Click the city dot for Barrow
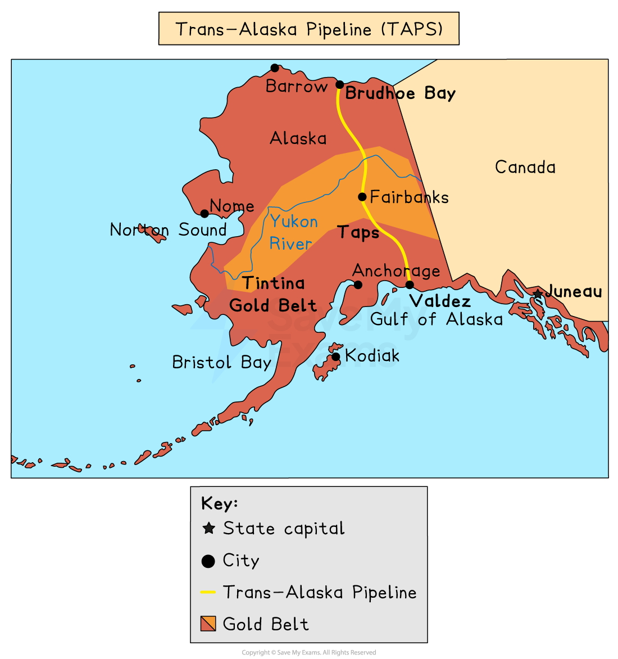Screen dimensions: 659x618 275,68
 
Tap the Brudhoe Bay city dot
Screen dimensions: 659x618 340,85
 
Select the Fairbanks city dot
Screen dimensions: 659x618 362,197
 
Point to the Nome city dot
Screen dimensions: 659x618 205,214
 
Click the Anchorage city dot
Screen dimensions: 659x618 358,285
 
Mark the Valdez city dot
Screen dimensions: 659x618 410,285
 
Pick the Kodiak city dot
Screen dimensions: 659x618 335,356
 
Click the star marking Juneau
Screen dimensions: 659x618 538,294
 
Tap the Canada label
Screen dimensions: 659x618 525,167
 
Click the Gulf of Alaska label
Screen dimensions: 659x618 436,319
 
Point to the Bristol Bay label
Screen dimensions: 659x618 221,362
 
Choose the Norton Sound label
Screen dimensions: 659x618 168,229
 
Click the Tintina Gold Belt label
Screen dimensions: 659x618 273,294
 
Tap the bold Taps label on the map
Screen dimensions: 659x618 358,232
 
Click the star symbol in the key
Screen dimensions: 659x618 208,529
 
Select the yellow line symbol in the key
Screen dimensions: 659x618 208,592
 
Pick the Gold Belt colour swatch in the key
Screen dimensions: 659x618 208,624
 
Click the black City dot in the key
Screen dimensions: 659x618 208,561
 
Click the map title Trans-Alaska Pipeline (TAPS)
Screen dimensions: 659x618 309,29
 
